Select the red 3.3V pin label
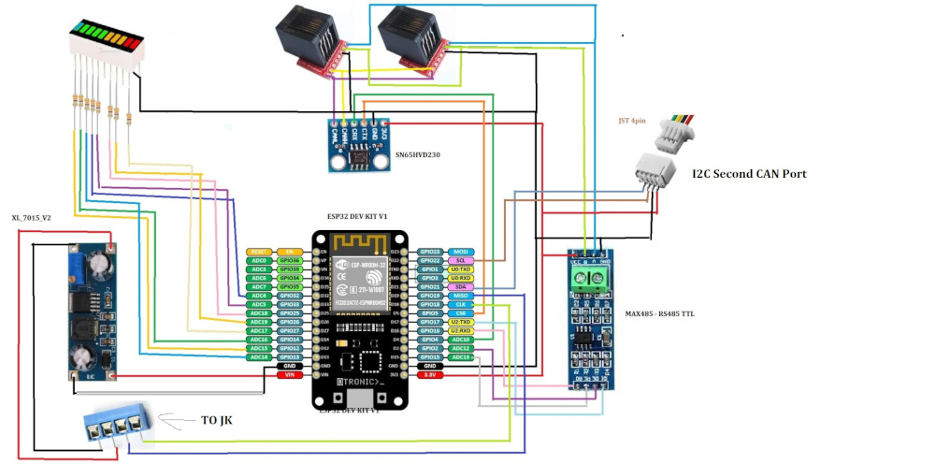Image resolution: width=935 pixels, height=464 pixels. click(x=431, y=374)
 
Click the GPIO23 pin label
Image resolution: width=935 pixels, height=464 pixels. click(x=431, y=252)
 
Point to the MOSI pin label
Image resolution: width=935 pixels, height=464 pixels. click(x=461, y=252)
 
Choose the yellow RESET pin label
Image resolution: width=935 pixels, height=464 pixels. click(x=259, y=252)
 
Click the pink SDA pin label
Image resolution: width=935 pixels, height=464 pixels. click(x=461, y=286)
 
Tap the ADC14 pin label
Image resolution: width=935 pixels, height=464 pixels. click(x=259, y=356)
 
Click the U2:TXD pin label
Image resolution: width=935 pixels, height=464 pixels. click(x=461, y=322)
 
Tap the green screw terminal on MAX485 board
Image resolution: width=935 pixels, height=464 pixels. click(x=592, y=277)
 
